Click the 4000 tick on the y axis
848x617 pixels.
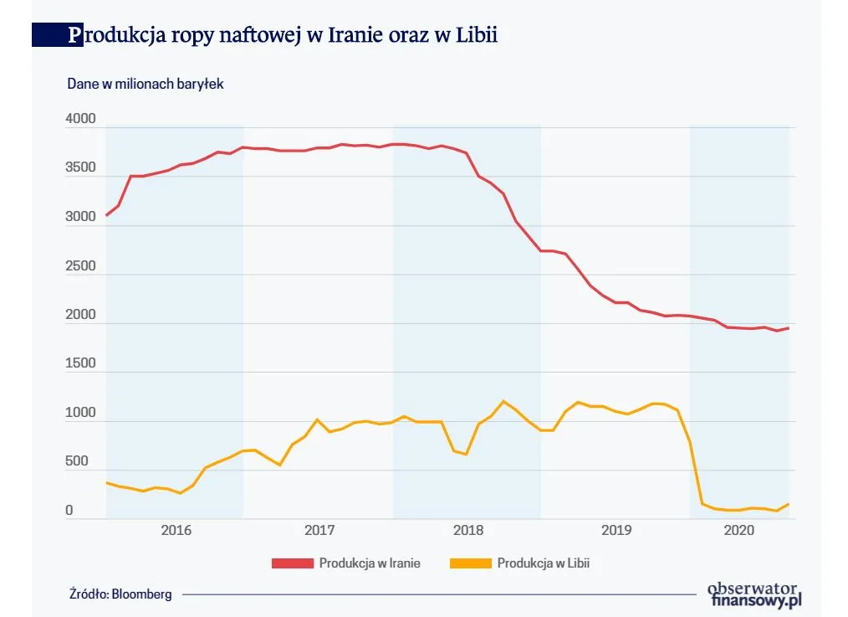pos(81,120)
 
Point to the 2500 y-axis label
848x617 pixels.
pos(81,266)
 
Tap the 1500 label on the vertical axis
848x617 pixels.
pos(81,364)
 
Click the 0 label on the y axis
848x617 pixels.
pos(69,510)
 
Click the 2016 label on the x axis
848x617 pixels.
pos(176,530)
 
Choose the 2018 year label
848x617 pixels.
pos(468,530)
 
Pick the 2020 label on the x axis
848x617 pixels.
pos(739,530)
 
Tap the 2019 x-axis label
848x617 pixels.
pos(616,530)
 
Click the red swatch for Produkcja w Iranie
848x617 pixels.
pos(292,563)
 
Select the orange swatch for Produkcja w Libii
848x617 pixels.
pos(470,563)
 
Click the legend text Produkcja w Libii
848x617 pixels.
pos(543,563)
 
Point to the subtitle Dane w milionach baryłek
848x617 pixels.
pos(145,84)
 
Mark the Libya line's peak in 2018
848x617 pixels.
pos(503,401)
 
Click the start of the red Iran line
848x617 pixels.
pos(106,215)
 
